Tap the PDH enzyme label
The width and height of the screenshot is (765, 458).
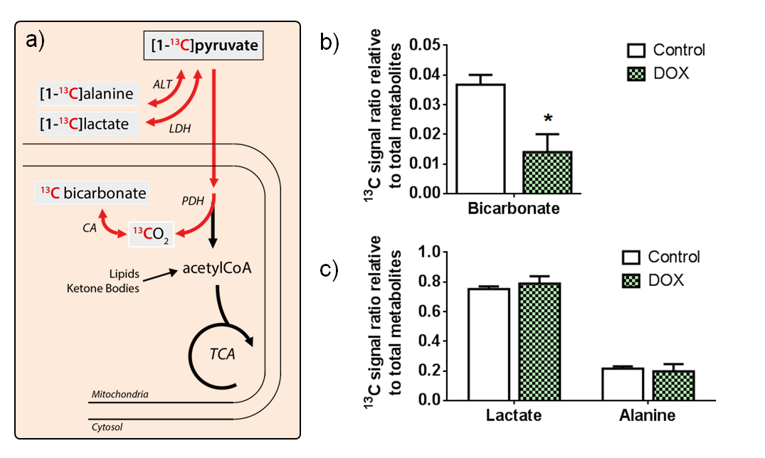coord(192,201)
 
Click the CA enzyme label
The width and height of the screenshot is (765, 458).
coord(90,228)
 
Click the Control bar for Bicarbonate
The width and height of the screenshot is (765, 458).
coord(480,139)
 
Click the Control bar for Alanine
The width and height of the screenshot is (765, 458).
coord(621,384)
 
